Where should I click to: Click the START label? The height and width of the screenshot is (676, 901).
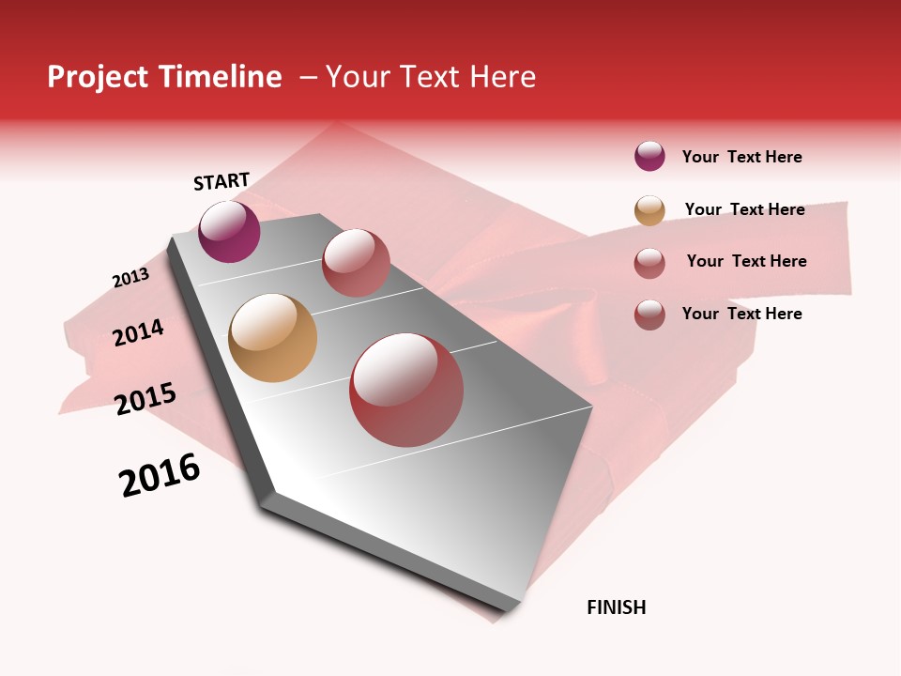click(221, 181)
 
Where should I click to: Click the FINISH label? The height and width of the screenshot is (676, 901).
click(616, 607)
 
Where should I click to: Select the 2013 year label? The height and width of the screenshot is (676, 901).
click(130, 278)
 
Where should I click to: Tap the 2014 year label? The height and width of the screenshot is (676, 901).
click(138, 332)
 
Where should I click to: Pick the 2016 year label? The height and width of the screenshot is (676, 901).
click(160, 475)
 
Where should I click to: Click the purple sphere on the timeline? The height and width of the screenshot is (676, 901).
click(229, 231)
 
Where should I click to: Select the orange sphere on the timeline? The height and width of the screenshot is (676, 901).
click(272, 338)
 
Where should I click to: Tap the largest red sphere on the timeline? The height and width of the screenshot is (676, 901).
click(406, 390)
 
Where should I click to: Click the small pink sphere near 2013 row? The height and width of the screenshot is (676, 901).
click(356, 262)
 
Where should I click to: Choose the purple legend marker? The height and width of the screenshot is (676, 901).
click(649, 156)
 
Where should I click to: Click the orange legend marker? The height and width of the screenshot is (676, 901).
click(649, 209)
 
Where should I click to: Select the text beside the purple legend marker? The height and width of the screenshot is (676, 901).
click(741, 157)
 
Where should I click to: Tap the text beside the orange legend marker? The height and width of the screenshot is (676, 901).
click(744, 209)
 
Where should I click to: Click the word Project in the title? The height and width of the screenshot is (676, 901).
click(95, 77)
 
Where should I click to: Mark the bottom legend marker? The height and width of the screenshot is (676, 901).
click(649, 315)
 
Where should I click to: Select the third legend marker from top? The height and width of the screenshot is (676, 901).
click(649, 262)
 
